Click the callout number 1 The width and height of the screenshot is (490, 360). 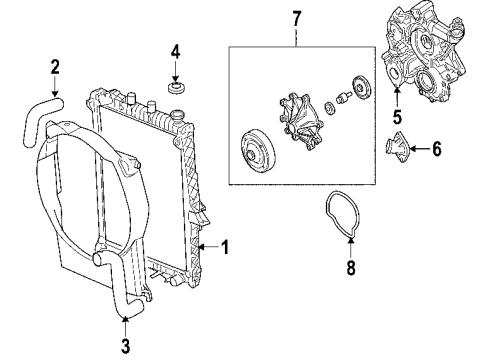[x=226, y=246]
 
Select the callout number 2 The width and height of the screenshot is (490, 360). [x=56, y=68]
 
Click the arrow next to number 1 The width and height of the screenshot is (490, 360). [x=208, y=246]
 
